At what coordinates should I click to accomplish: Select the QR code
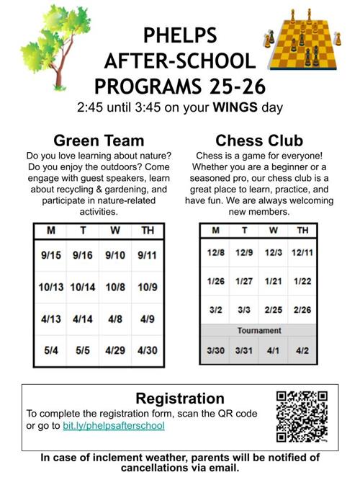pyautogui.click(x=302, y=416)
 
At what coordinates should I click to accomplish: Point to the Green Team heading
pyautogui.click(x=99, y=140)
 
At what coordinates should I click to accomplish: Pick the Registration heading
pyautogui.click(x=180, y=398)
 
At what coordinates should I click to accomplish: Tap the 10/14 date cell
pyautogui.click(x=84, y=287)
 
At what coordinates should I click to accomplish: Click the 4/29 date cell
pyautogui.click(x=116, y=351)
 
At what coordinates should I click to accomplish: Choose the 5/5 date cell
pyautogui.click(x=84, y=351)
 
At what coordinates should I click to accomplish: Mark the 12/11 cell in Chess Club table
pyautogui.click(x=302, y=252)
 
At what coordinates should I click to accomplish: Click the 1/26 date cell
pyautogui.click(x=216, y=280)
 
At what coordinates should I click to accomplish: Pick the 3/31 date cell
pyautogui.click(x=245, y=350)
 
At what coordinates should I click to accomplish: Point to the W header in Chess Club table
pyautogui.click(x=273, y=231)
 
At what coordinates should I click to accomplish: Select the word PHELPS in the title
pyautogui.click(x=179, y=34)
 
